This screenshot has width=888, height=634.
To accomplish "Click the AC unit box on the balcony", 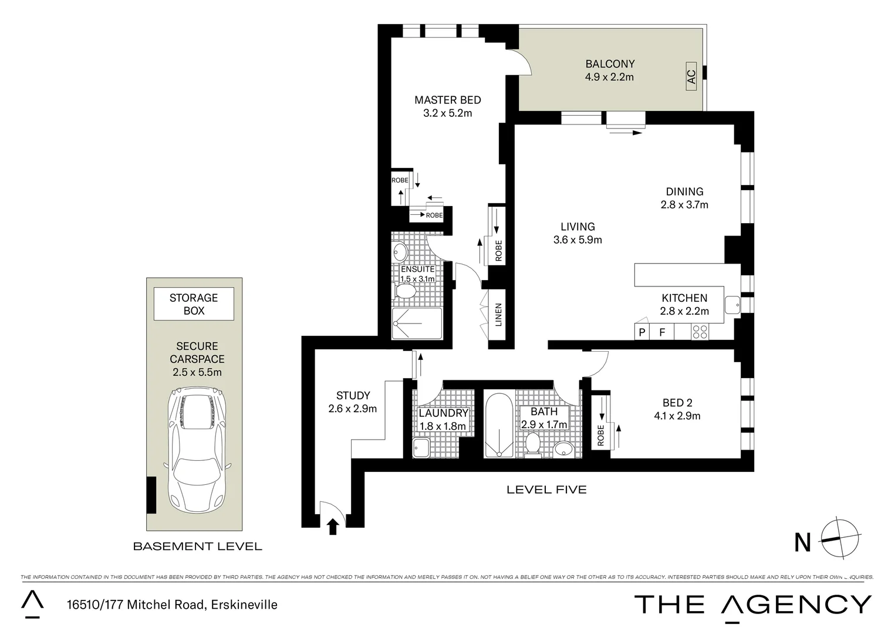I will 691,77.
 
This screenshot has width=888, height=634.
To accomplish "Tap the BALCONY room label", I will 610,64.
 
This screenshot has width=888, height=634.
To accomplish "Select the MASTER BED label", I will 447,100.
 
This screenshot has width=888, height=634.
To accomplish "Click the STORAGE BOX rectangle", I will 194,304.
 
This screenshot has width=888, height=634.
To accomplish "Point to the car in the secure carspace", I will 197,449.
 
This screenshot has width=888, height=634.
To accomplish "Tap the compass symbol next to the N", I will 841,539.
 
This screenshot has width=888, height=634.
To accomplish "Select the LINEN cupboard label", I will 498,314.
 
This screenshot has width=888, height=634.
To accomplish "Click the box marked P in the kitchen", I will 642,332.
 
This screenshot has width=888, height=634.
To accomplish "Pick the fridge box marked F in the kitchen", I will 662,332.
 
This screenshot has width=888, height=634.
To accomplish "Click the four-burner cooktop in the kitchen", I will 700,332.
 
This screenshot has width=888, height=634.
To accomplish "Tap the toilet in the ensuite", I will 406,292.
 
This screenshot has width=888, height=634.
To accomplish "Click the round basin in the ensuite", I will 400,252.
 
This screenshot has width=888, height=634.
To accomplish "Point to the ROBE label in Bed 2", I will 600,436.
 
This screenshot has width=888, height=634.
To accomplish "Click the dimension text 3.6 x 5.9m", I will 578,240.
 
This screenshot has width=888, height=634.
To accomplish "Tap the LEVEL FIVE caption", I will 546,490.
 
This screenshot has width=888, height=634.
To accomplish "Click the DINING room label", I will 684,191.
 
